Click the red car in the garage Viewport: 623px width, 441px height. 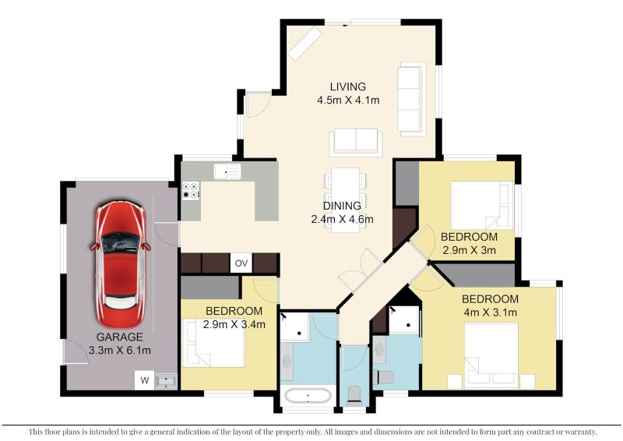[x=120, y=264]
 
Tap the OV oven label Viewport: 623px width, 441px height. [x=241, y=263]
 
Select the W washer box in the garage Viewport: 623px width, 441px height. [x=145, y=380]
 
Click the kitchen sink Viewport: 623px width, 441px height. [x=227, y=171]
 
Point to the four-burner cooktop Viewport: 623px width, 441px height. [x=191, y=190]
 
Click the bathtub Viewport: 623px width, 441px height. [x=308, y=396]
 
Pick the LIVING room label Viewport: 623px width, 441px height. [x=348, y=86]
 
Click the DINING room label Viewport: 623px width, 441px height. [x=342, y=206]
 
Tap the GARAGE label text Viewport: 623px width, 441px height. [x=120, y=337]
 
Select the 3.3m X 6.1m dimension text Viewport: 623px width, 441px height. [x=120, y=351]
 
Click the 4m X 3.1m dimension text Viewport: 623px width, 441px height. [x=491, y=312]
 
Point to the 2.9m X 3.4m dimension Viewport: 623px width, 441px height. [x=234, y=324]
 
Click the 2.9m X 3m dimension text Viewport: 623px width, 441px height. [x=470, y=250]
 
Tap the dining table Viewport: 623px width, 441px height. [x=345, y=200]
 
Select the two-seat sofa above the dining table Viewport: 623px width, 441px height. [x=356, y=143]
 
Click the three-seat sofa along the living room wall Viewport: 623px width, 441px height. [x=412, y=99]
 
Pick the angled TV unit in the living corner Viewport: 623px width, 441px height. [x=304, y=44]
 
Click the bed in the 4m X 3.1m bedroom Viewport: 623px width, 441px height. [x=491, y=355]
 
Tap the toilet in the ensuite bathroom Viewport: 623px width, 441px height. [x=383, y=376]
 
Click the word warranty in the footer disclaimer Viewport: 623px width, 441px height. [x=582, y=432]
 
